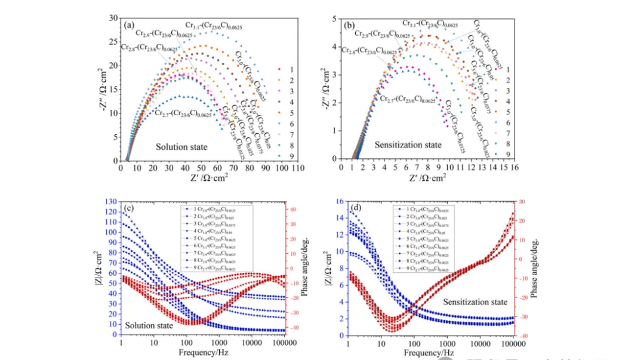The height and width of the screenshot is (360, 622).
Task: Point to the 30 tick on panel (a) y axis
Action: point(113,19)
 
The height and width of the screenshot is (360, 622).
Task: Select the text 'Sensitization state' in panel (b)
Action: point(408,144)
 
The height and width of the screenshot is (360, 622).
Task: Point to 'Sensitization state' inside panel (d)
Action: point(475,302)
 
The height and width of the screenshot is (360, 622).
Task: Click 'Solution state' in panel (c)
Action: point(149,325)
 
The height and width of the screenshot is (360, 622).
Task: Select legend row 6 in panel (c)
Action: point(215,245)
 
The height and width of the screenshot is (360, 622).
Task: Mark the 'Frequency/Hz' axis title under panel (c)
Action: point(202,353)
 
